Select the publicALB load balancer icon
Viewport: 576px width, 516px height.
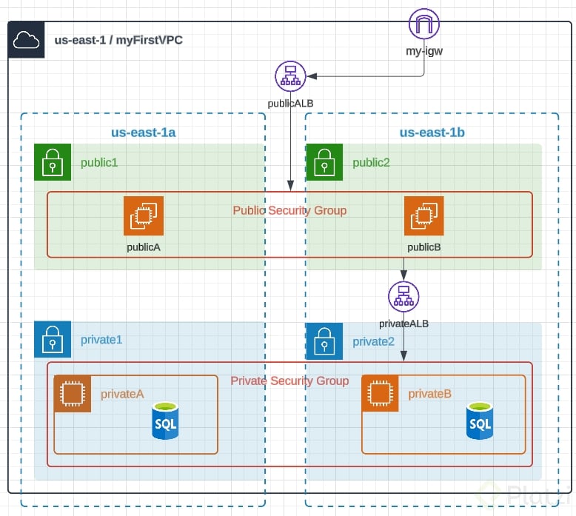coord(289,76)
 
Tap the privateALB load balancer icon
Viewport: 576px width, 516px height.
coord(403,298)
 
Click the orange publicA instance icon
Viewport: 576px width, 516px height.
coord(144,215)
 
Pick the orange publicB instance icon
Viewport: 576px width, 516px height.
coord(424,215)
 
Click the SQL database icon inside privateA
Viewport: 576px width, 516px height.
coord(164,420)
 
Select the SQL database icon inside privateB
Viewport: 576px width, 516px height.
coord(480,420)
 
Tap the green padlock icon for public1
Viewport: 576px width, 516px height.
coord(53,162)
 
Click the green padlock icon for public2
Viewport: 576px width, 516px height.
coord(324,162)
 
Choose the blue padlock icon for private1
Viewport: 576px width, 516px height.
coord(53,339)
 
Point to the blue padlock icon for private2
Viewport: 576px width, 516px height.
coord(324,341)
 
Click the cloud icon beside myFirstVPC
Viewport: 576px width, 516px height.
coord(27,40)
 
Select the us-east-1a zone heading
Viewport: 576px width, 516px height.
coord(143,133)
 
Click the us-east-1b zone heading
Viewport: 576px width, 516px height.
coord(432,133)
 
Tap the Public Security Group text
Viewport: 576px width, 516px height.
coord(289,210)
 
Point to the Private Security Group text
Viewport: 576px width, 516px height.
coord(289,381)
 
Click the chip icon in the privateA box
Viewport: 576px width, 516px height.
coord(73,394)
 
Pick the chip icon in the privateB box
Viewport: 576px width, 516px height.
coord(381,394)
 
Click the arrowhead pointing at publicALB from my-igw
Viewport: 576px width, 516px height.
coord(312,76)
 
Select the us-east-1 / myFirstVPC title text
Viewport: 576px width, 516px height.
coord(118,40)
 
